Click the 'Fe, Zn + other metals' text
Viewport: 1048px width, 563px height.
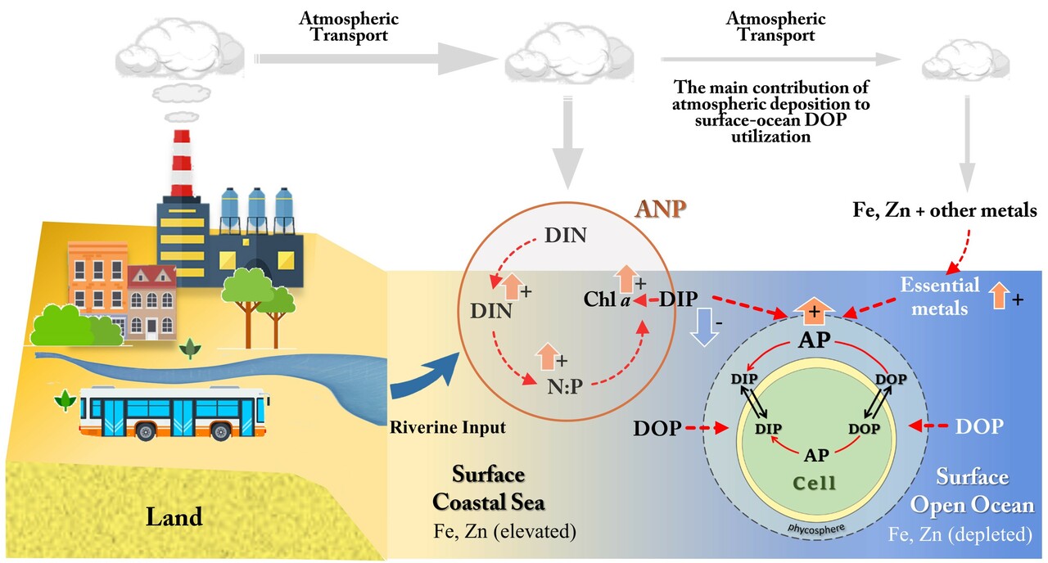tap(940, 211)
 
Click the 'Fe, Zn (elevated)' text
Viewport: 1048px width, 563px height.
tap(505, 532)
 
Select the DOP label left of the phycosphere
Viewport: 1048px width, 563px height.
tap(657, 428)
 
